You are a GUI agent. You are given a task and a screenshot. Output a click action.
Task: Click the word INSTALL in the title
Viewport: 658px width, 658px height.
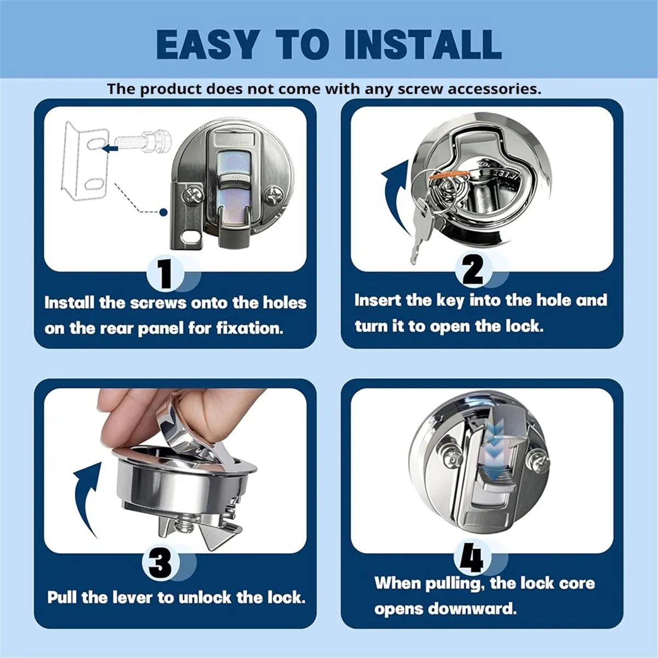(x=423, y=44)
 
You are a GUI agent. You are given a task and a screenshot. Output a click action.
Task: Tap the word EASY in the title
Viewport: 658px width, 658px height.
(x=208, y=44)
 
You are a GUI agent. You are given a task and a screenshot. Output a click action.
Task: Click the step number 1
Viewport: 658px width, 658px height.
(x=166, y=274)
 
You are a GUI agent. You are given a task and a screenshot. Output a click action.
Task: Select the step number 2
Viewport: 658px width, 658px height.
(x=473, y=270)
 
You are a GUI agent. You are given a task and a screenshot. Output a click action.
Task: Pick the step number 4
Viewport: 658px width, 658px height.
(x=472, y=560)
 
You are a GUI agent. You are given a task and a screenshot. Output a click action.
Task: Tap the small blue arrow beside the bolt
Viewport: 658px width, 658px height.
(x=110, y=149)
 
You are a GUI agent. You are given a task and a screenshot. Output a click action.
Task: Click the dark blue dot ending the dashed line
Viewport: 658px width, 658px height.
(x=163, y=212)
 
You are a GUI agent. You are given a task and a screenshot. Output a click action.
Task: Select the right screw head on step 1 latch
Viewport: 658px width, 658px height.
(x=274, y=195)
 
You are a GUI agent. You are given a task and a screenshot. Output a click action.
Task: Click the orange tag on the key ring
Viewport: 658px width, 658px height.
(x=450, y=176)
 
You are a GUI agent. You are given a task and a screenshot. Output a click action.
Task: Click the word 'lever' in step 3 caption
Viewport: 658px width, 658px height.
(x=131, y=598)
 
